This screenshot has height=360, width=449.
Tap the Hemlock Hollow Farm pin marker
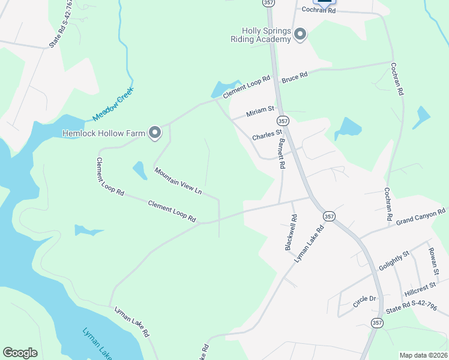155,133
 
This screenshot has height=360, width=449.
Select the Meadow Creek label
112,104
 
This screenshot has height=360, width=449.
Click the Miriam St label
260,112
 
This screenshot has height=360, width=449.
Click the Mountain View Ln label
178,181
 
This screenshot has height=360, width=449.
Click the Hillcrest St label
420,290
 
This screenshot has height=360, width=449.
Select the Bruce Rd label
294,77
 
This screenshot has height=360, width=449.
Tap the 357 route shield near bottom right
376,323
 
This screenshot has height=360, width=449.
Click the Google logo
20,353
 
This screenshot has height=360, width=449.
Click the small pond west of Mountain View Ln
139,170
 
